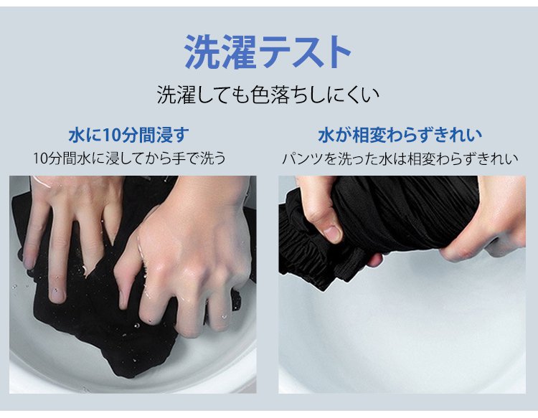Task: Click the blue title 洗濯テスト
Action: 268,52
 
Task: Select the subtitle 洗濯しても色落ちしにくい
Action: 268,95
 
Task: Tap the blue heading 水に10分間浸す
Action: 128,135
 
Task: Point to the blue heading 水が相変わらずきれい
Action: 400,135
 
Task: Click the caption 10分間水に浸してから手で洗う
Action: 129,158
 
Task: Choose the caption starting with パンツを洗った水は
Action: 400,158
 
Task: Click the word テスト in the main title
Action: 306,52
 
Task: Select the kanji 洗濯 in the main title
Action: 220,52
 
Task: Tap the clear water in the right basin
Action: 402,329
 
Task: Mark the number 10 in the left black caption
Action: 39,158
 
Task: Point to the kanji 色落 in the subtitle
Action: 270,95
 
